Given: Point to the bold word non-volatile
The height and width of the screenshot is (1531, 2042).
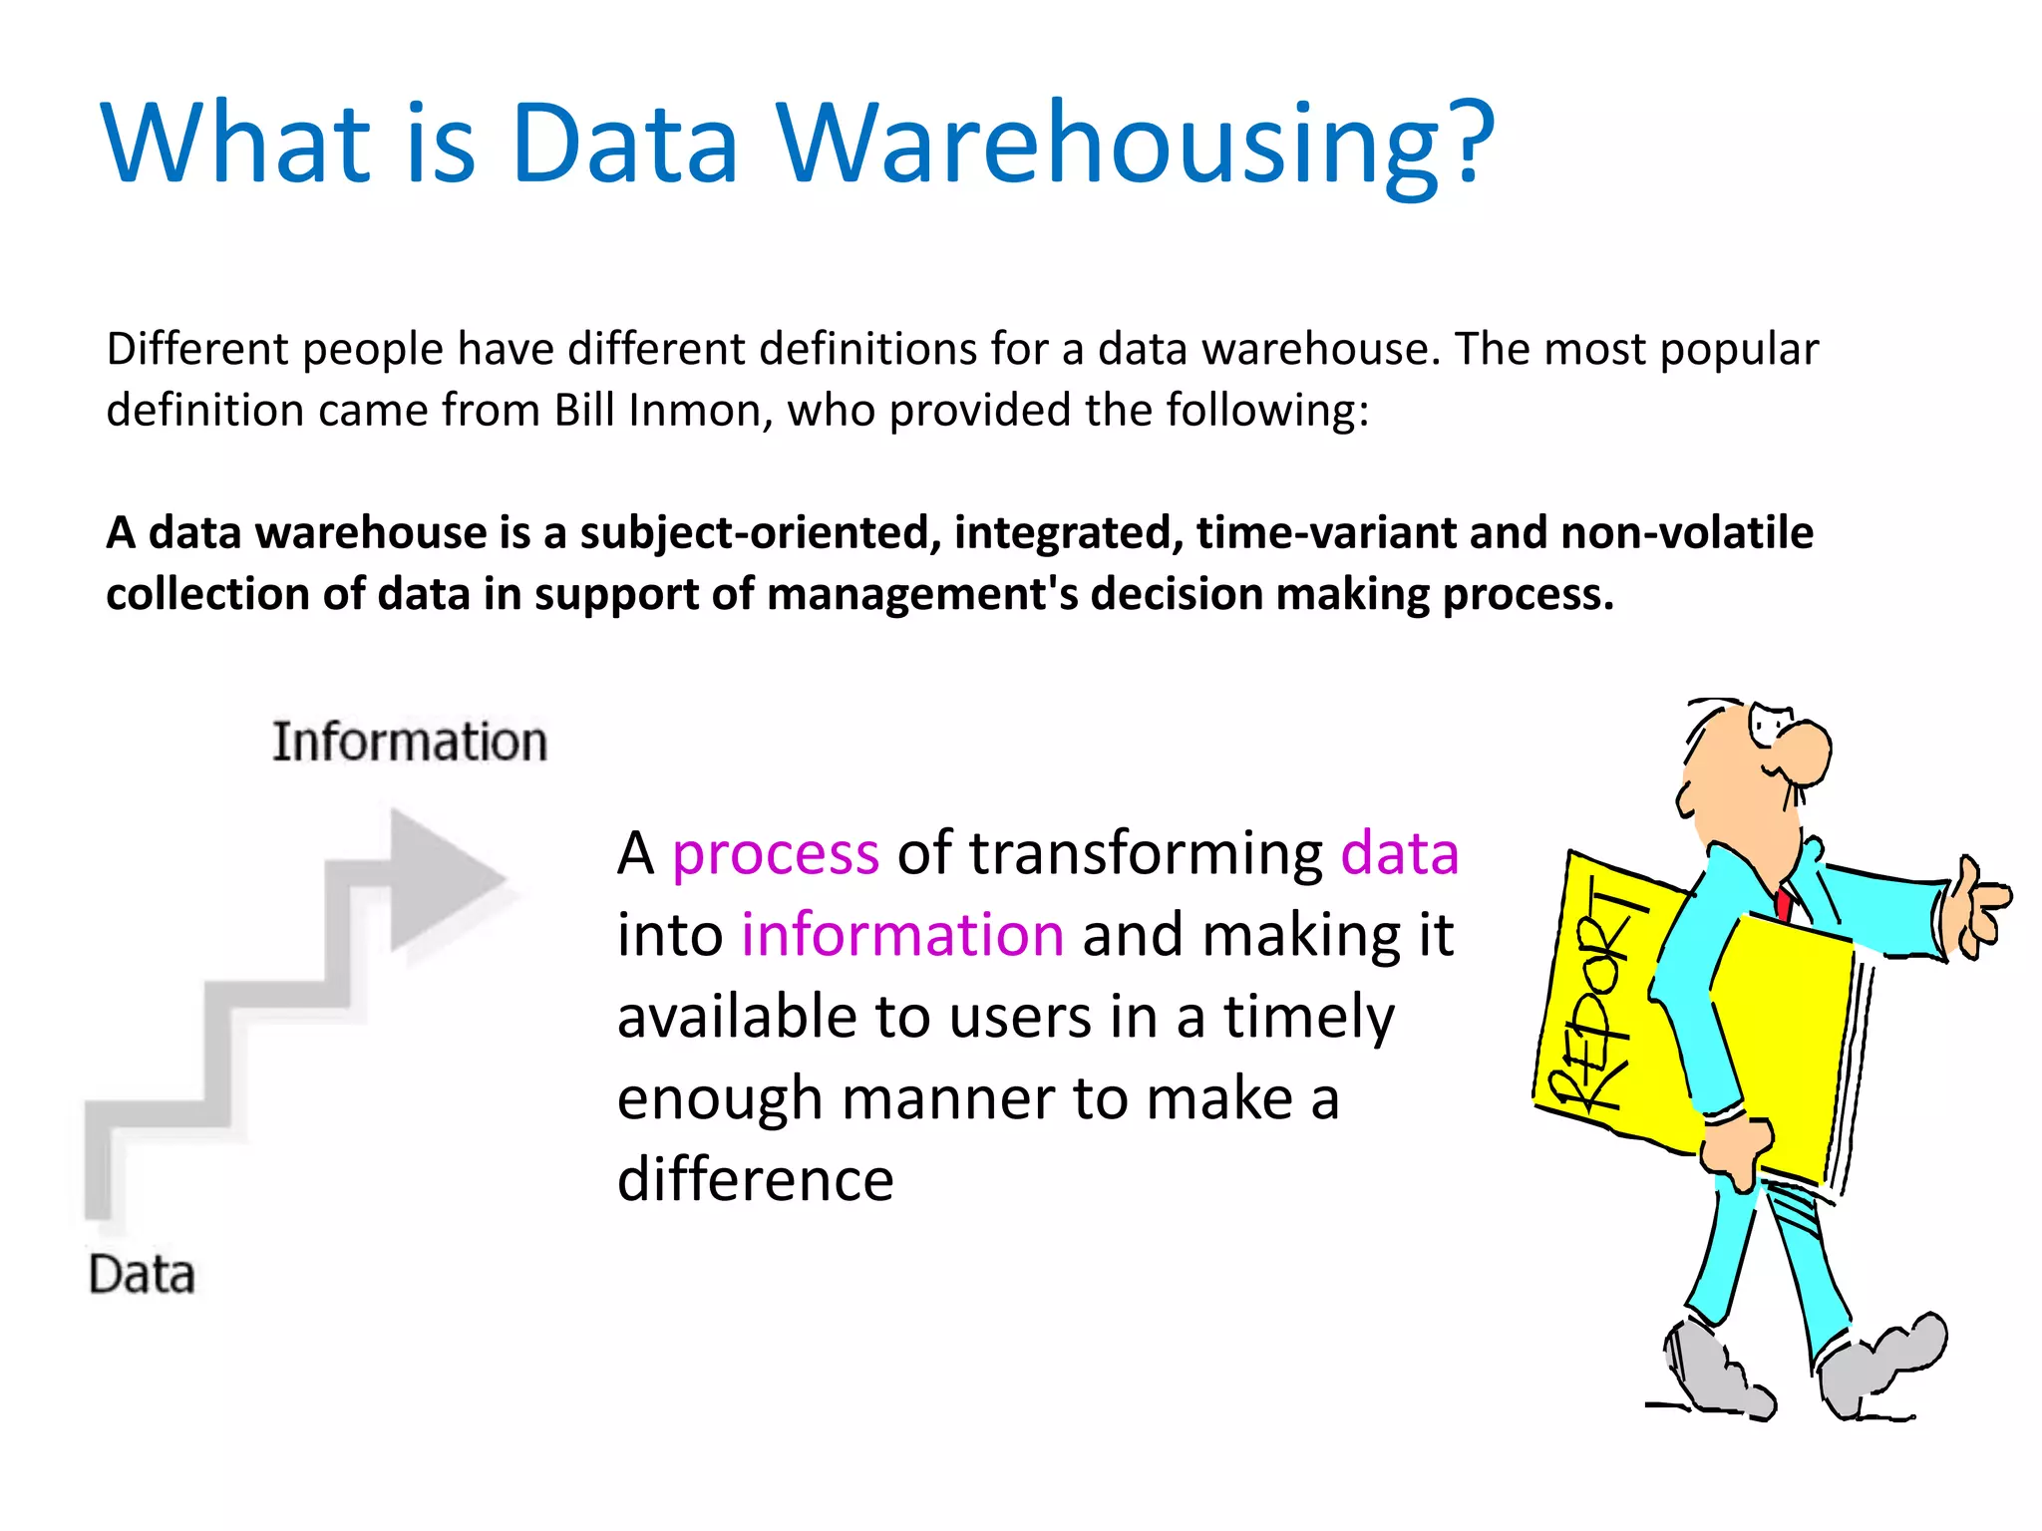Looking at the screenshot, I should (x=1686, y=532).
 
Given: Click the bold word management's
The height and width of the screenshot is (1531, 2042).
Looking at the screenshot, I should (x=922, y=595).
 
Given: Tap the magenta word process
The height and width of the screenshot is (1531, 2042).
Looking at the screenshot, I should (x=775, y=854).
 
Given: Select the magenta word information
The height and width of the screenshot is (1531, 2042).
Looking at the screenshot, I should (x=901, y=936).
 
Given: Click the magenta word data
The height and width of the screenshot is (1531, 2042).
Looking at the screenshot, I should (x=1399, y=854).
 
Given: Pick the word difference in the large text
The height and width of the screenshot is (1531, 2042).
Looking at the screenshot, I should (x=755, y=1180).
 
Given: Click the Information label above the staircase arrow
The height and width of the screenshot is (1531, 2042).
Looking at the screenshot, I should (x=410, y=743).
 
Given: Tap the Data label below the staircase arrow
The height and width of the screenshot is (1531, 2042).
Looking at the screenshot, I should (x=142, y=1275).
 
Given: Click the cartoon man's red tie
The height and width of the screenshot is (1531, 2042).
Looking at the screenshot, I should (x=1783, y=903).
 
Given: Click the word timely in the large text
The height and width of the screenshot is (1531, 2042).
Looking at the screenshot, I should (x=1308, y=1018).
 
